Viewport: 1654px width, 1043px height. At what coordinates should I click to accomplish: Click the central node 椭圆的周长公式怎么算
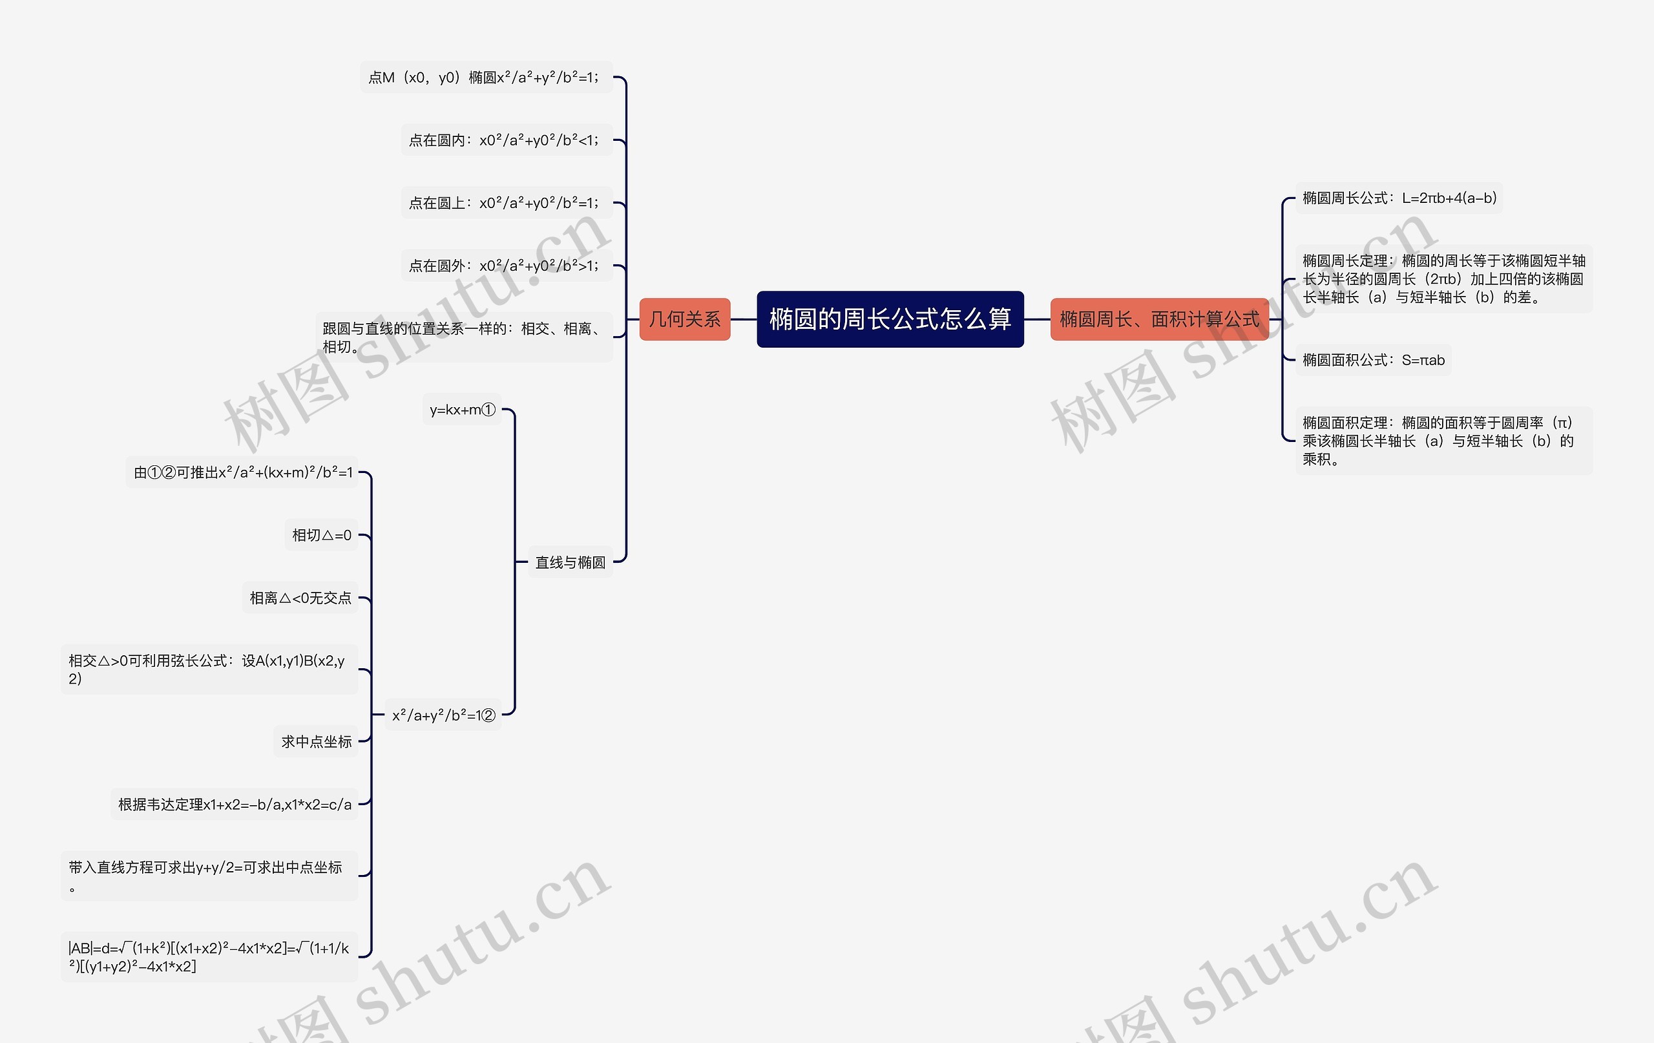[x=890, y=319]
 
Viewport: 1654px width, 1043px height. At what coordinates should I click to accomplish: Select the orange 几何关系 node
[x=684, y=319]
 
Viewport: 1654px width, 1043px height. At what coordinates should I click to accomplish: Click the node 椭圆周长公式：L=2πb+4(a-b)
[x=1399, y=198]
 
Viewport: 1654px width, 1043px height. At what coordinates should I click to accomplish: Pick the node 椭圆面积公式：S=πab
[x=1373, y=360]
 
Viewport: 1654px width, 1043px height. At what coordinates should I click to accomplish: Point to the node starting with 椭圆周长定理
[x=1443, y=279]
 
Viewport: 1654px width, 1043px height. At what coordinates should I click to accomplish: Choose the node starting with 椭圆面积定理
[x=1443, y=441]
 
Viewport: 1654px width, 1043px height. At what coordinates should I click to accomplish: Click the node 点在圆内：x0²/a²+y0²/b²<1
[x=507, y=140]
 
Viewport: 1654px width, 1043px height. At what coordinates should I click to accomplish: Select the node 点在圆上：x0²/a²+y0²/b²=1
[x=507, y=203]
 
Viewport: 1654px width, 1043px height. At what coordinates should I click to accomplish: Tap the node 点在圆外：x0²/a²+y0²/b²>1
[x=507, y=265]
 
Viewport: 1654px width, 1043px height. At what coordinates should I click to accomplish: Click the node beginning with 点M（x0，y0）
[x=486, y=77]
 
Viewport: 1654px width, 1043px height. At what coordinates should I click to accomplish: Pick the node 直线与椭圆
[x=570, y=562]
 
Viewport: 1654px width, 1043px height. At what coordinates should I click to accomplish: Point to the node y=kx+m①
[x=461, y=410]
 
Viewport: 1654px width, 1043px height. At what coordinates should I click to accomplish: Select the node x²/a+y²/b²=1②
[x=443, y=715]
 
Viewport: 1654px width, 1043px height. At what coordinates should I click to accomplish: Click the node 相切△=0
[x=322, y=534]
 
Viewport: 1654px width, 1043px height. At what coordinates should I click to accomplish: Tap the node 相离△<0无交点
[x=300, y=598]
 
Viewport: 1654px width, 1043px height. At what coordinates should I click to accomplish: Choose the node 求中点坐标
[x=316, y=741]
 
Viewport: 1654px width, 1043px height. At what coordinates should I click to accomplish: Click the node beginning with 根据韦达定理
[x=235, y=804]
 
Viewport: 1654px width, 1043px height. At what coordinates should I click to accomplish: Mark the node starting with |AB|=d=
[x=209, y=956]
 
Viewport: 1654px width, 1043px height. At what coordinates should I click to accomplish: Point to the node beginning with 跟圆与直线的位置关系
[x=464, y=337]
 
